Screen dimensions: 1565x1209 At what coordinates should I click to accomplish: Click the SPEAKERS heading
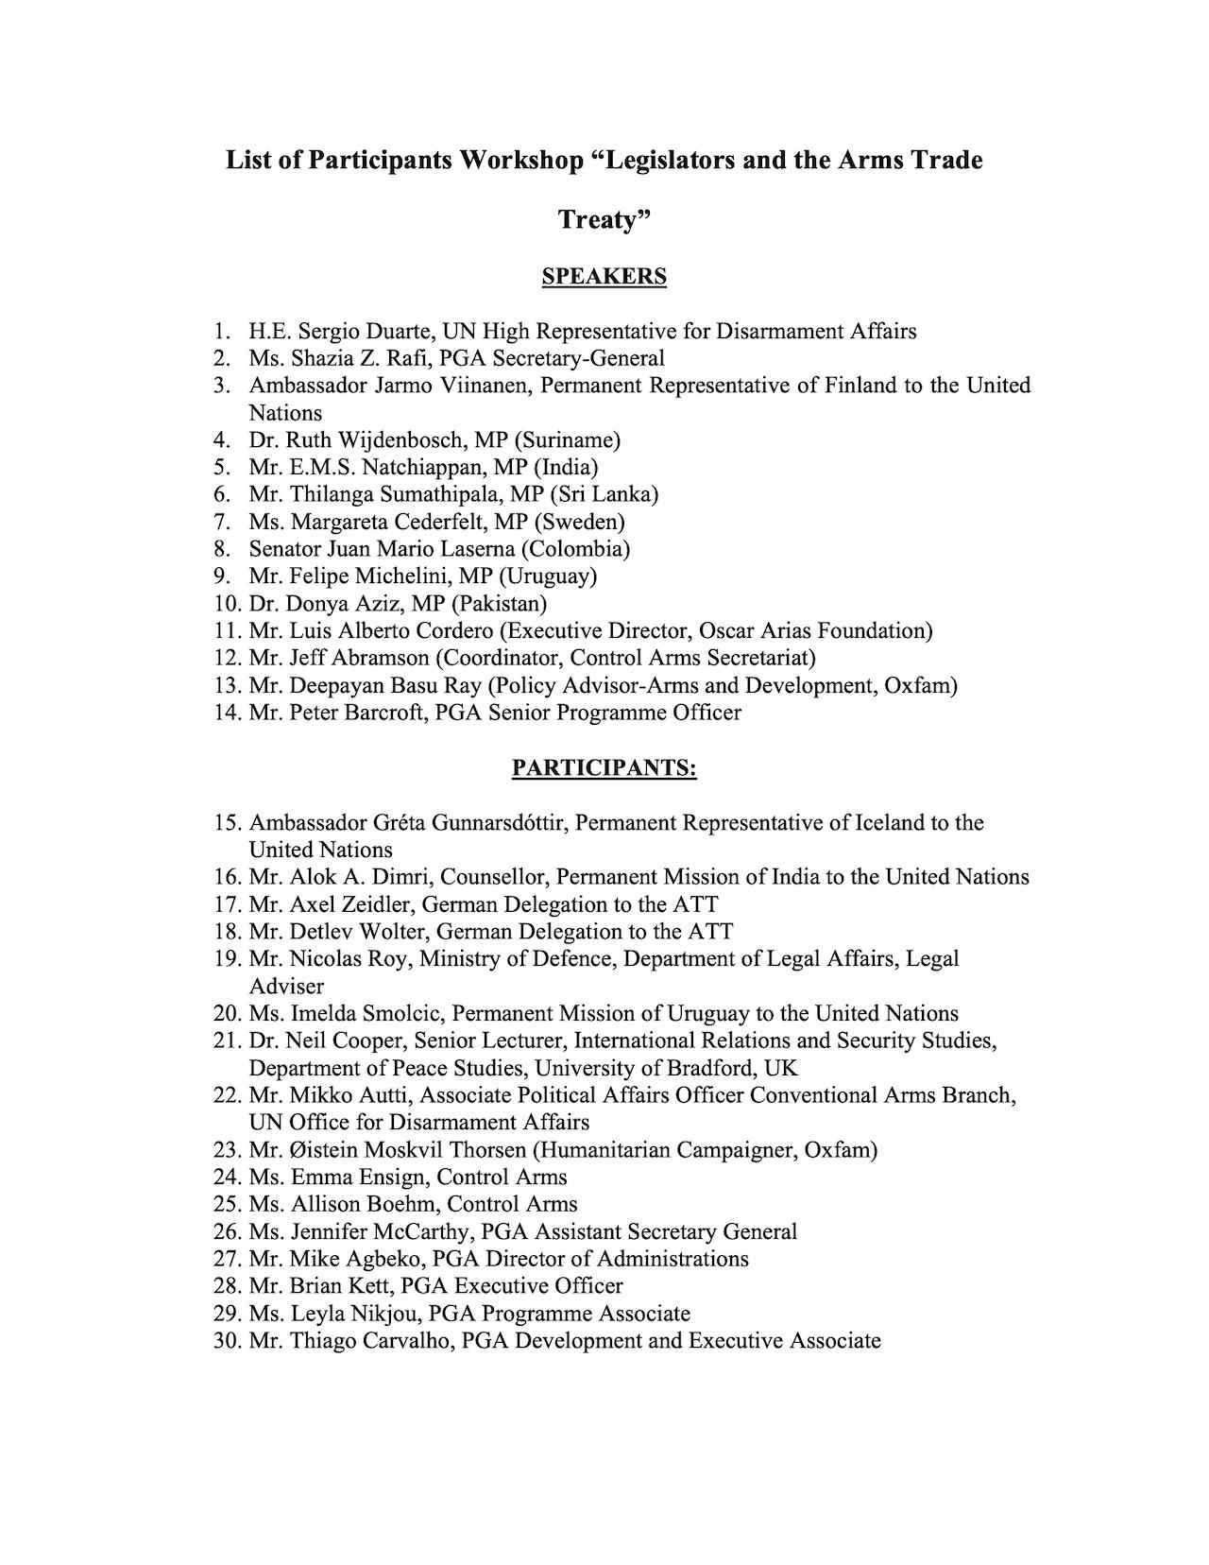point(604,277)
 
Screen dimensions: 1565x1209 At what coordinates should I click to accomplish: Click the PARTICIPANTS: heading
point(604,768)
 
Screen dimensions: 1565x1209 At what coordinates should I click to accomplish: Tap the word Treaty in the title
point(600,219)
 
